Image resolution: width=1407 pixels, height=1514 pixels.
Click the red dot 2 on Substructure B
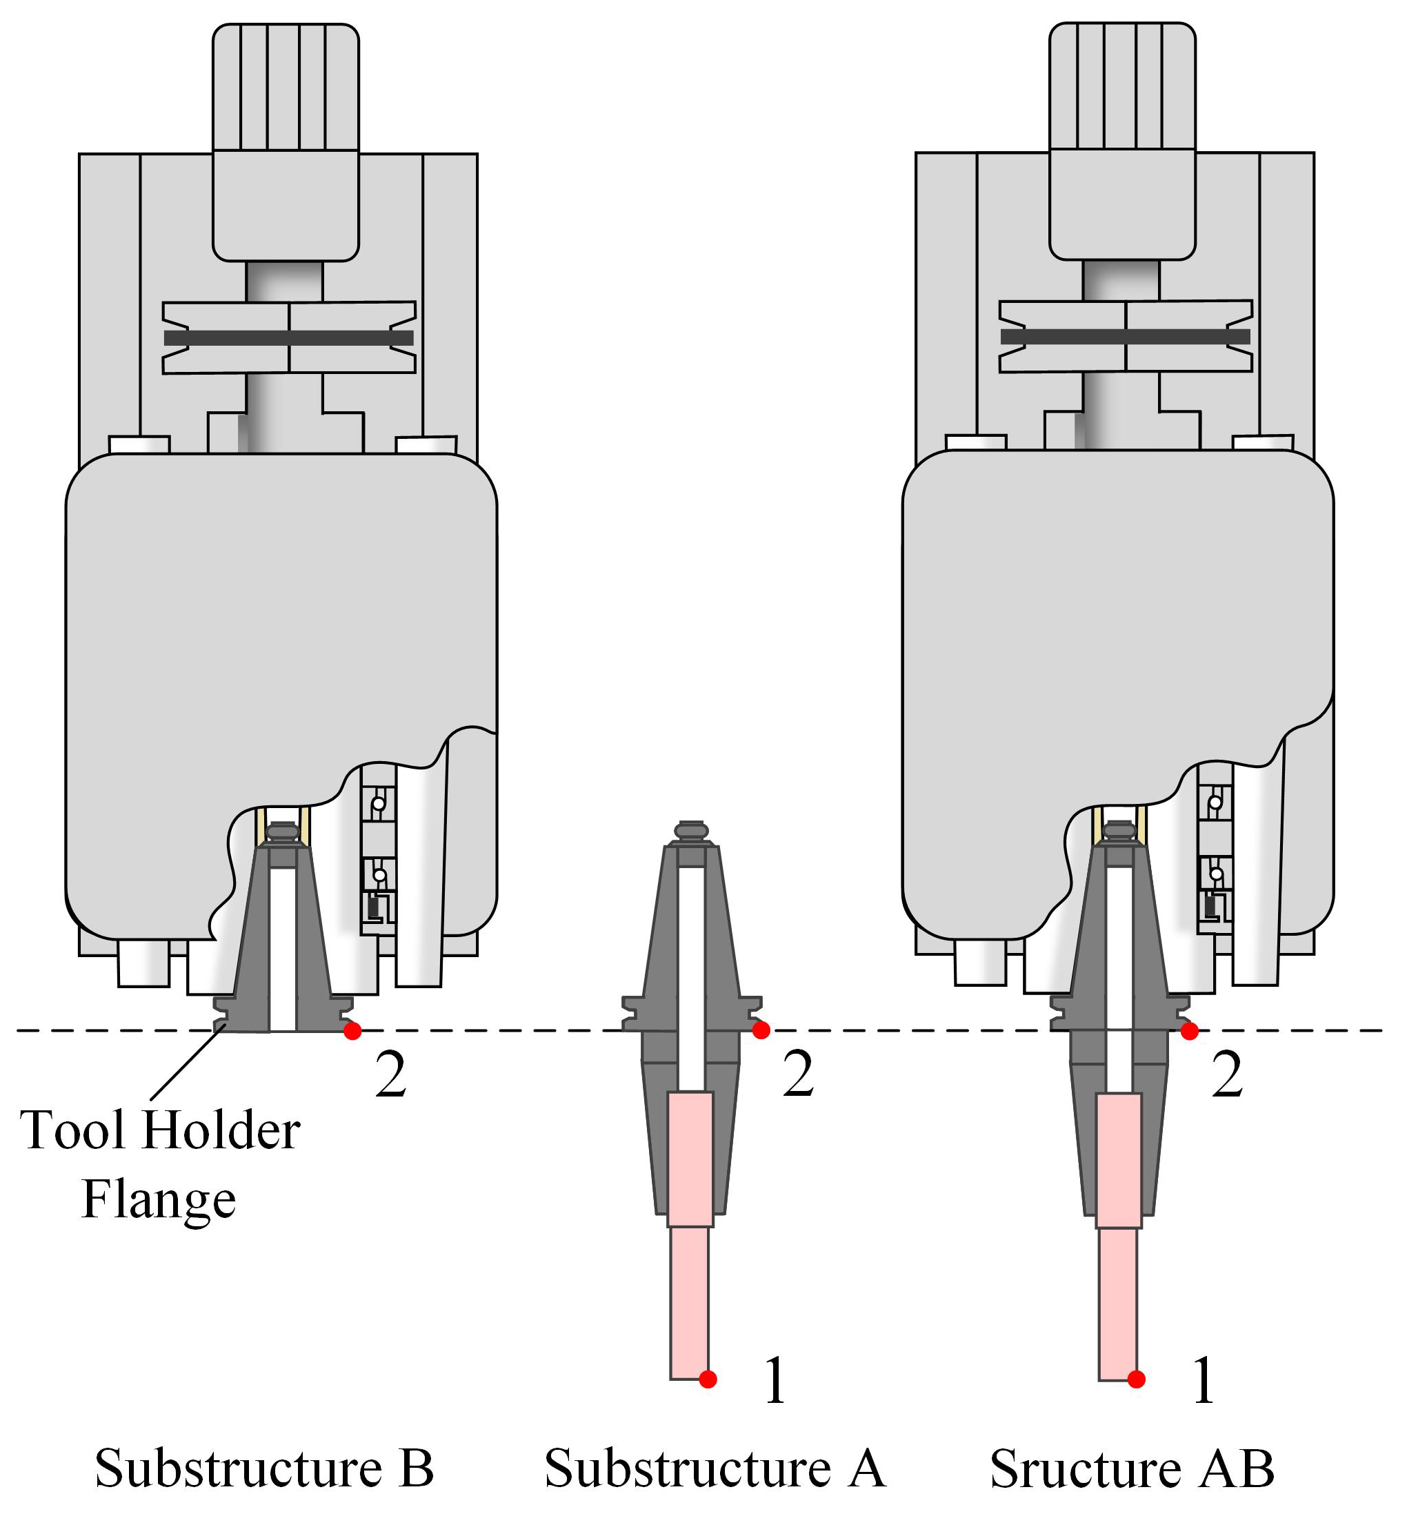point(352,1031)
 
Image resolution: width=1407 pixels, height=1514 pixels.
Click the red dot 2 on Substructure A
point(761,1030)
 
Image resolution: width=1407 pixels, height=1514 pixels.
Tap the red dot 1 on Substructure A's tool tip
point(708,1379)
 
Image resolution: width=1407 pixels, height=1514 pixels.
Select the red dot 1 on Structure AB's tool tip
point(1137,1379)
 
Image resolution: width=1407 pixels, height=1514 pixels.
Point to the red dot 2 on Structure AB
point(1190,1031)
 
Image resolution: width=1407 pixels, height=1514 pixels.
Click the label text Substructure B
point(264,1468)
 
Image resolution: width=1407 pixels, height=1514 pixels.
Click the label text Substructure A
point(715,1468)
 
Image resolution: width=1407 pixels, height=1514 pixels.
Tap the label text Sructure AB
point(1132,1468)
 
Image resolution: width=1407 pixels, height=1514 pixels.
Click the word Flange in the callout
point(159,1200)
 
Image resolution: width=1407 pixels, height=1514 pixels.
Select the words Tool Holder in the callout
point(160,1131)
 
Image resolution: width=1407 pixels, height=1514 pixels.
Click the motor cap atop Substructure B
point(286,87)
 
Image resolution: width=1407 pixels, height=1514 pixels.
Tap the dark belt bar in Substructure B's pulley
point(288,338)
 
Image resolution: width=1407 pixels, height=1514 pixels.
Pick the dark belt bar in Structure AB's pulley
point(1126,337)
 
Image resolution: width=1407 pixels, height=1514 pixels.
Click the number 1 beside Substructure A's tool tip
point(775,1381)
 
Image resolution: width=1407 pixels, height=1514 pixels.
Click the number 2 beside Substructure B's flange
point(390,1075)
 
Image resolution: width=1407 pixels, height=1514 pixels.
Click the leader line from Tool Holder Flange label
point(186,1063)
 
